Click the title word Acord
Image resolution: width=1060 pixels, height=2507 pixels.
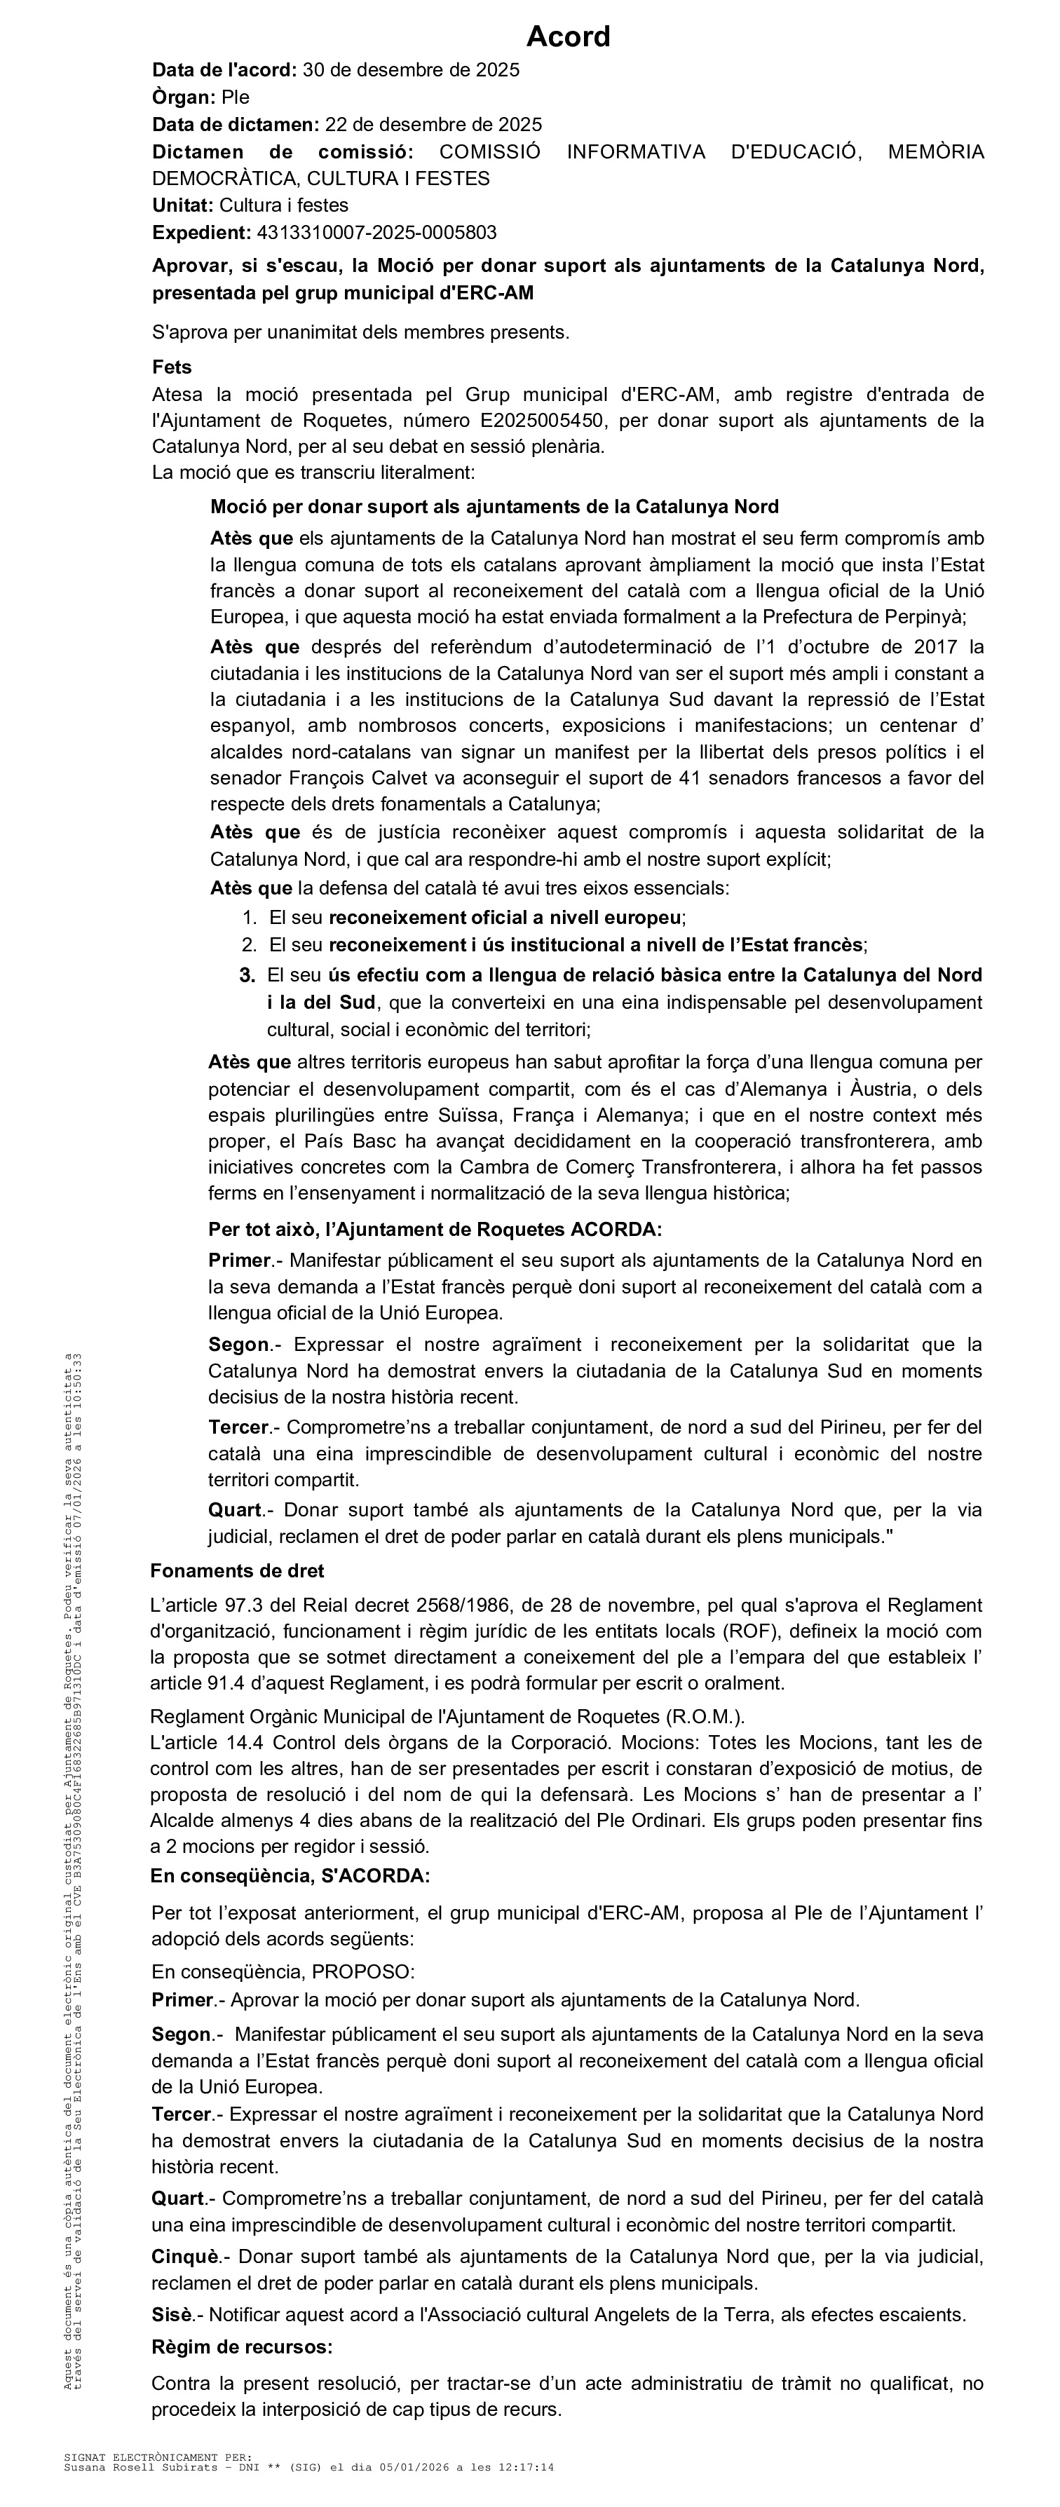pos(569,37)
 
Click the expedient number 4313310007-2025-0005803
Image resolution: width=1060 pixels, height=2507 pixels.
pos(376,233)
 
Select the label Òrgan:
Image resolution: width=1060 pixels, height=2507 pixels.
pos(184,97)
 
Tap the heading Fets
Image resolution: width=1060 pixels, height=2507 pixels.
pos(172,367)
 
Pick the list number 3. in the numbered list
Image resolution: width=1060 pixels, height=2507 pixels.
pos(247,975)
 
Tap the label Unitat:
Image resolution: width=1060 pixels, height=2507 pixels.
pos(183,205)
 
